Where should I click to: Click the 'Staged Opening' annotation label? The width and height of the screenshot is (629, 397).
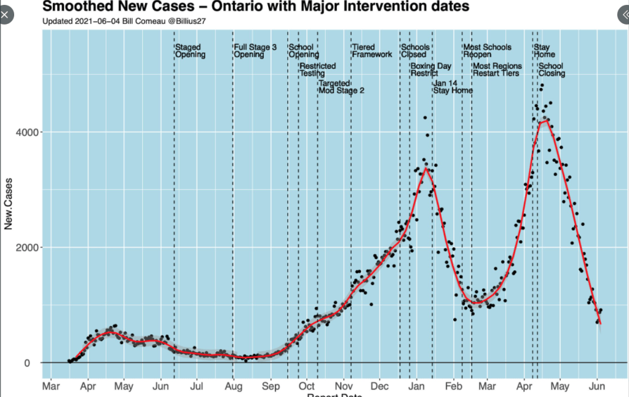point(188,51)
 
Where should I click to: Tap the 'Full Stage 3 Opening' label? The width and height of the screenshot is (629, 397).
point(255,51)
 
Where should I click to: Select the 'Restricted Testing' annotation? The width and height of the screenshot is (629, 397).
point(317,70)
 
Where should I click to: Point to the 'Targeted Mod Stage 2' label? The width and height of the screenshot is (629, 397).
point(341,87)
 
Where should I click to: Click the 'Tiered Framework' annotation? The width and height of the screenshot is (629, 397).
point(372,51)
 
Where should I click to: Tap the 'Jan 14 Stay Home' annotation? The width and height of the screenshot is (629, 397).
point(453,87)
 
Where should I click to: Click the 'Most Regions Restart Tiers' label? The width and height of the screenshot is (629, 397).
point(497,70)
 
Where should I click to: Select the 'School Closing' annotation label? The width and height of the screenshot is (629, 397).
point(551,70)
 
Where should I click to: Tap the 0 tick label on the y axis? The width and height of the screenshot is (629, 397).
point(36,363)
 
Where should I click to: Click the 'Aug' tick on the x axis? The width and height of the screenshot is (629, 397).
point(234,387)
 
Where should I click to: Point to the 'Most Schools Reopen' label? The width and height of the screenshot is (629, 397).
point(487,51)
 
